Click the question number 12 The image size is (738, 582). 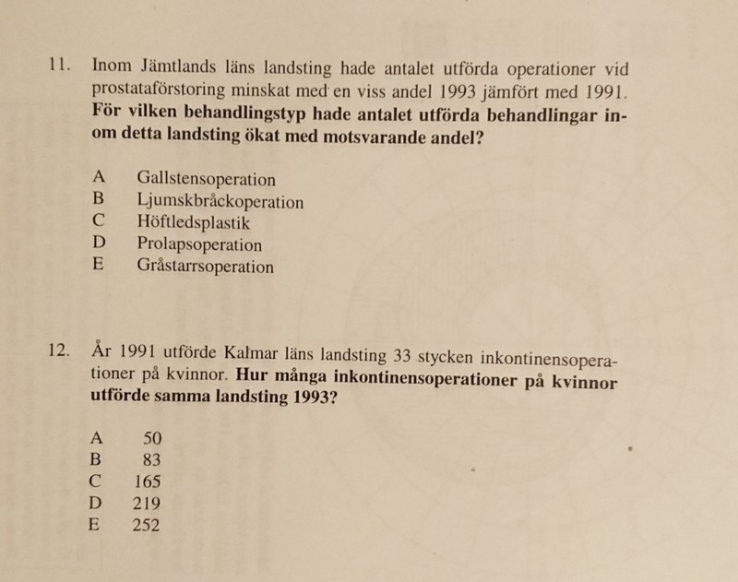(58, 350)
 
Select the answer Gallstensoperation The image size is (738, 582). (206, 179)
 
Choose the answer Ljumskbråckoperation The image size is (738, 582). (220, 201)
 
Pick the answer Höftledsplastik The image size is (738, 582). (193, 223)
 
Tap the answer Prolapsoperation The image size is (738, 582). (199, 245)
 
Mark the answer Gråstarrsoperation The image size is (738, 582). (205, 267)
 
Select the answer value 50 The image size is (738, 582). (152, 437)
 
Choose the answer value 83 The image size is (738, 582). (152, 459)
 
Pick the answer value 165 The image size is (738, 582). (148, 481)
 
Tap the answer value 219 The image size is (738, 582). (147, 504)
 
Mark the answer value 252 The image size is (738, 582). (146, 526)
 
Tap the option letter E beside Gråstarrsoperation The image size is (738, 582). (98, 267)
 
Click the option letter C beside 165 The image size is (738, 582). (96, 481)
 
